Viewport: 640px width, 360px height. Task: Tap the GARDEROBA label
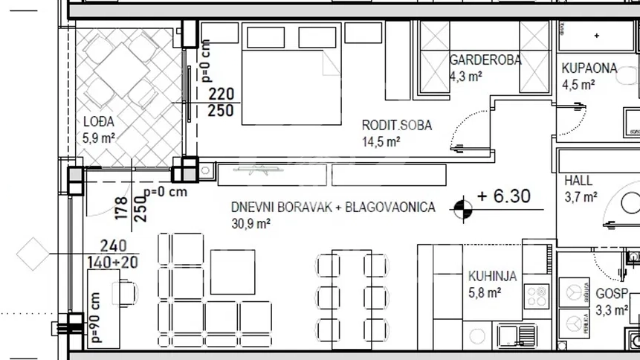(485, 60)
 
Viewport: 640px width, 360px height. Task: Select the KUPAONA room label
(589, 68)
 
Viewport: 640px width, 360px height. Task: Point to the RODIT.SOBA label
(396, 125)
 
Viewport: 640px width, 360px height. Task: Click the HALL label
(578, 181)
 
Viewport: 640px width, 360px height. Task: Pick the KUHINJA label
(492, 276)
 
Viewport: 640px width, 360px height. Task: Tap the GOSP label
(611, 294)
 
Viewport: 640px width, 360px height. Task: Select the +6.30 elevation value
(504, 196)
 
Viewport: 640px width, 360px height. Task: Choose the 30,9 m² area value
(250, 223)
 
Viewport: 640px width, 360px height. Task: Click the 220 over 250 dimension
(221, 103)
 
